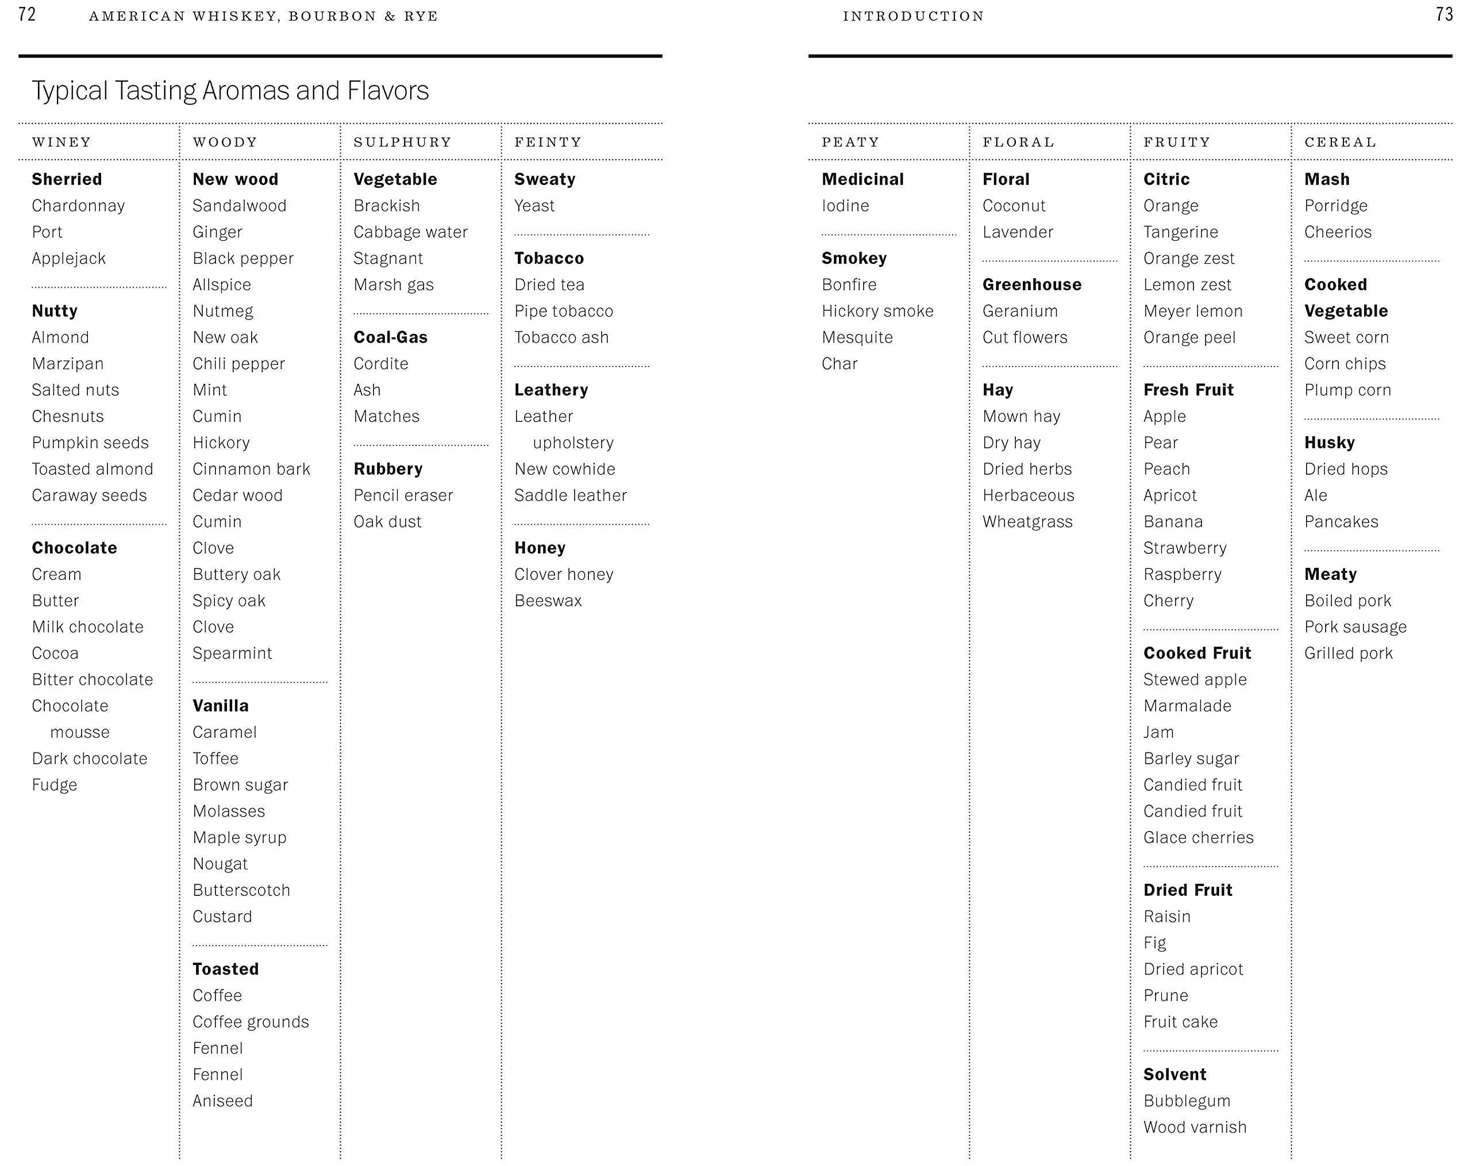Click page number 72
(26, 14)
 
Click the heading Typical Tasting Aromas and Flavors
(230, 91)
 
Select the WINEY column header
(61, 142)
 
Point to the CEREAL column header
(1340, 142)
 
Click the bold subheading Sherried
(67, 179)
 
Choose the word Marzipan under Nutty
(68, 364)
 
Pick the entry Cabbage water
(410, 232)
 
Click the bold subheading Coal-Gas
(390, 337)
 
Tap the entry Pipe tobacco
(564, 311)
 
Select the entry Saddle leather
(571, 495)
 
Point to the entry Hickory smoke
(877, 311)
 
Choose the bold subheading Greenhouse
(1031, 284)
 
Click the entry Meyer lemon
(1193, 311)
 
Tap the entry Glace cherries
(1198, 838)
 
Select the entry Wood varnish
(1195, 1127)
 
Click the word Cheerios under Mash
(1337, 232)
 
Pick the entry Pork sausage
(1355, 627)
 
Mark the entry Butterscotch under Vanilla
(241, 890)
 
